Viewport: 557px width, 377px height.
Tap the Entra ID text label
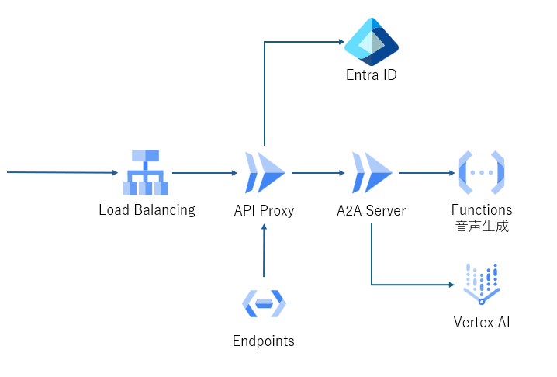coord(372,75)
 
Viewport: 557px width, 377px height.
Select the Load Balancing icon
coord(146,172)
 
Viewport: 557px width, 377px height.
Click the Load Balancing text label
coord(147,209)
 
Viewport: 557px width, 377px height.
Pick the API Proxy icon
coord(265,172)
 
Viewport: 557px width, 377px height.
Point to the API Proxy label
coord(265,209)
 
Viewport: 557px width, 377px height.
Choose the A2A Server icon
coord(372,172)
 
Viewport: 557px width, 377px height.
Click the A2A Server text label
coord(372,209)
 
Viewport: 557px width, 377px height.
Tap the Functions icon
coord(482,172)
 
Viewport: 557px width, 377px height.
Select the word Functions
coord(482,209)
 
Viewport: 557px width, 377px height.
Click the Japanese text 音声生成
coord(482,226)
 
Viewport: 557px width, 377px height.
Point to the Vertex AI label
coord(482,321)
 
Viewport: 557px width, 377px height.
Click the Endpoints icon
coord(264,304)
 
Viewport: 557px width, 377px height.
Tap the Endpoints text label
coord(264,341)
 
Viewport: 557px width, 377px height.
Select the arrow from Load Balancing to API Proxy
coord(203,172)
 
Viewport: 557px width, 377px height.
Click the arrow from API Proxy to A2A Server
coord(318,172)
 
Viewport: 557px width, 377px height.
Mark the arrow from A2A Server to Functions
coord(427,172)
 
